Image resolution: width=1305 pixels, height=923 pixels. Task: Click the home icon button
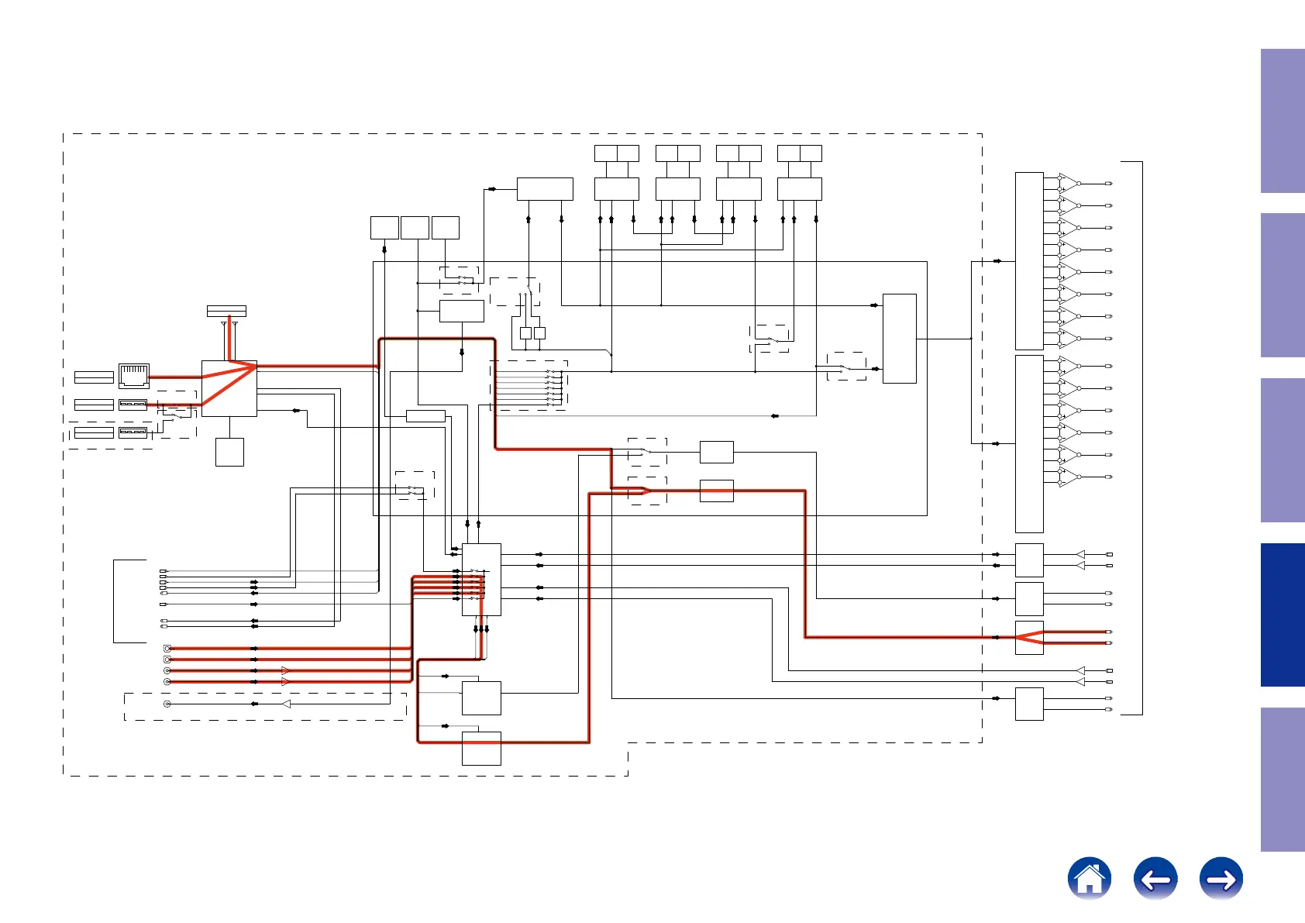[1089, 878]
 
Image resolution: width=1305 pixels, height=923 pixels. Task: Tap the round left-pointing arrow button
[1155, 878]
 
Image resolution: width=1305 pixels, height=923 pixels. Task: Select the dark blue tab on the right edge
[1283, 615]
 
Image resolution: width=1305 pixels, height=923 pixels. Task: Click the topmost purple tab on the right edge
[1283, 121]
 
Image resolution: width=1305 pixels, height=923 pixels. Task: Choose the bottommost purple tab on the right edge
[1283, 779]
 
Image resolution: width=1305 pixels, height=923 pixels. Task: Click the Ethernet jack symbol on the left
[134, 376]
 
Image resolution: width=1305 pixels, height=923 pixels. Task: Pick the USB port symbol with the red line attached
[133, 405]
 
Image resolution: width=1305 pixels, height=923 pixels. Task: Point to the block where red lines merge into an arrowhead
[229, 388]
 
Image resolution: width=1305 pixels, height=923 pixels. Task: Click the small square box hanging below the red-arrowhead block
[229, 452]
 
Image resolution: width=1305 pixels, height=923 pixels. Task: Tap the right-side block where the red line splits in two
[1029, 638]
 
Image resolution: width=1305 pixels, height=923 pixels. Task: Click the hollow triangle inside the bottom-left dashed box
[286, 704]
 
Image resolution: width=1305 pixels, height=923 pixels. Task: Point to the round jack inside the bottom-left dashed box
[167, 704]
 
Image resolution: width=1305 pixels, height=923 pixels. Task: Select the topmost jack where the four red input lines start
[167, 648]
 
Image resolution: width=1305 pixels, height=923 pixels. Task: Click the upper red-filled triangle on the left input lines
[286, 670]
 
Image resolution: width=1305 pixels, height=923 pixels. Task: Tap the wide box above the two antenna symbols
[226, 311]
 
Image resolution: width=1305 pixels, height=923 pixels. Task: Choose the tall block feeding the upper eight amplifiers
[1029, 260]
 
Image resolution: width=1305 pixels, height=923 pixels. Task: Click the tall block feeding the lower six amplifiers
[1029, 443]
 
